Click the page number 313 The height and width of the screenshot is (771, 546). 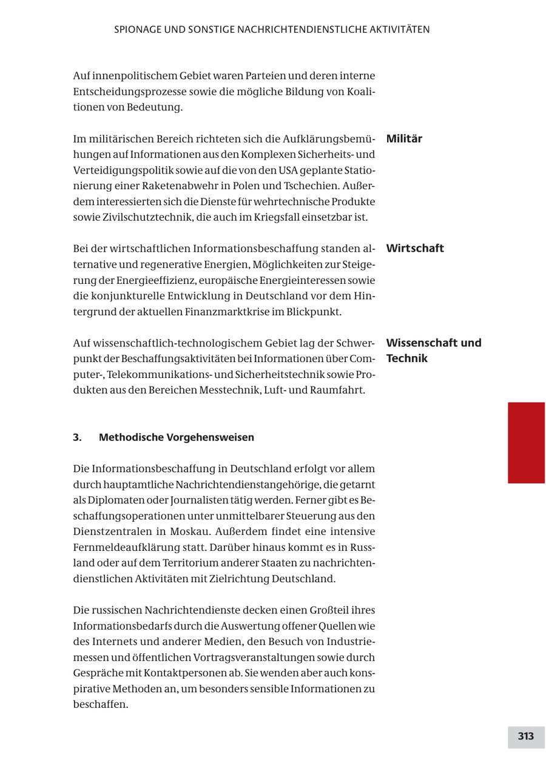pos(525,736)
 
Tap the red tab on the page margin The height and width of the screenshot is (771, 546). pos(526,442)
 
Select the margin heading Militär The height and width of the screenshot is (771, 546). pos(404,138)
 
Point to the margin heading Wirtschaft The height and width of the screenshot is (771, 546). pos(415,248)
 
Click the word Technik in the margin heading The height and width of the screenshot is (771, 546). pos(406,359)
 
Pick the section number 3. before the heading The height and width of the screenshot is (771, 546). pos(78,437)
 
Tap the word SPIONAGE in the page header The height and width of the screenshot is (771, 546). pos(137,29)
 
